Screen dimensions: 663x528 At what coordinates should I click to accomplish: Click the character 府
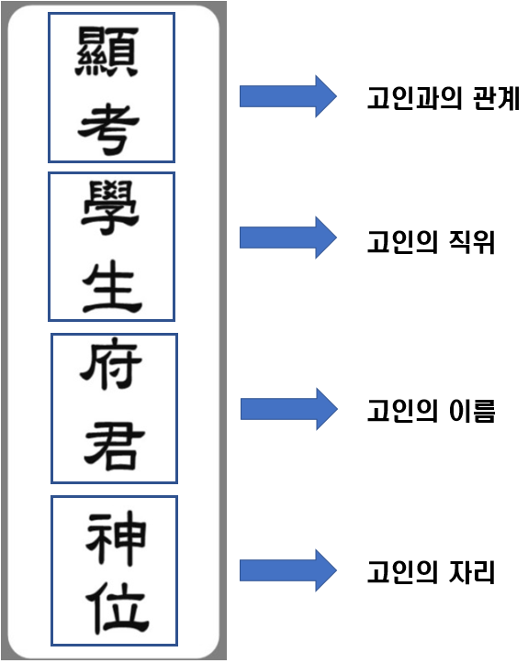tap(113, 370)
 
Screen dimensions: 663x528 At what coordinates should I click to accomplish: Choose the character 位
tap(113, 609)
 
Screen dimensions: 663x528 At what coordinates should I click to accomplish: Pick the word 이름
tap(474, 412)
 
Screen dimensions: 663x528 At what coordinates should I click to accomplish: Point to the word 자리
tap(474, 574)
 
